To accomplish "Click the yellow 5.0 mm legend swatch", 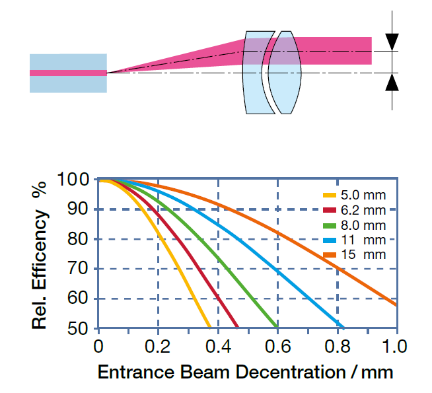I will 330,196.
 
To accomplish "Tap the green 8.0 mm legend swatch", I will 330,225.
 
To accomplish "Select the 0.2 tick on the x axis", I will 157,345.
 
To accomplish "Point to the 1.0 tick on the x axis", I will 395,345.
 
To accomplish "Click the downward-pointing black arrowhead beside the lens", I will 392,40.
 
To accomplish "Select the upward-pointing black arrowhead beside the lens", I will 392,83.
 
